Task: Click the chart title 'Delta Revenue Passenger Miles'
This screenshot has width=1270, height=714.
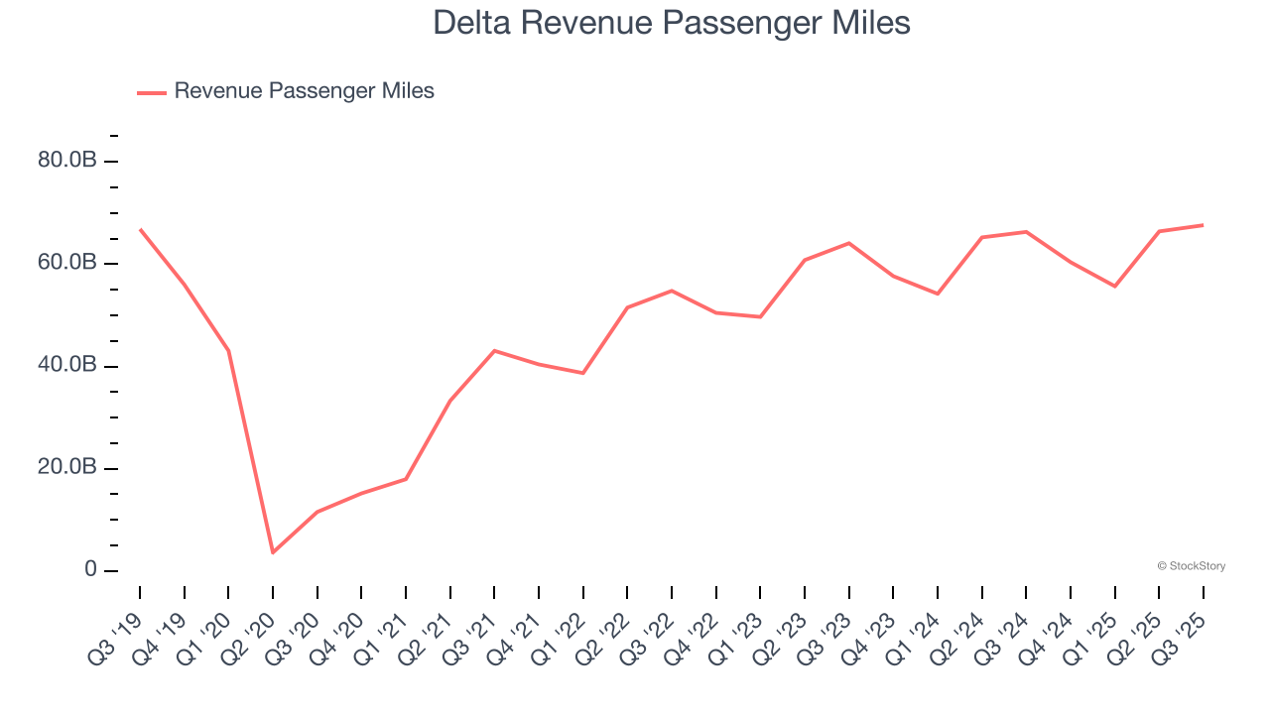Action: click(671, 22)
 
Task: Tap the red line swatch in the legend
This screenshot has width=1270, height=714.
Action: click(152, 92)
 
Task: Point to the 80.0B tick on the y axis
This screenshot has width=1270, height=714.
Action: click(66, 161)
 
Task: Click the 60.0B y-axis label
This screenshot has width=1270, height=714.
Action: click(66, 263)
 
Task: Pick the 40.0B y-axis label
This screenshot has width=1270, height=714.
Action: click(66, 366)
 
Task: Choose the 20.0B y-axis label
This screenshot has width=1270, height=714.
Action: click(66, 468)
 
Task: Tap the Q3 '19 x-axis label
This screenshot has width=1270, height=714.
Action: click(117, 628)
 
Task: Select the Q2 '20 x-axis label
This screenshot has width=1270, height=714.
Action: click(250, 628)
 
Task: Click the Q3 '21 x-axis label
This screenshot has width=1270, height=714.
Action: click(472, 628)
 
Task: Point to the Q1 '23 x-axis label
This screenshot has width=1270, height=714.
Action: click(738, 628)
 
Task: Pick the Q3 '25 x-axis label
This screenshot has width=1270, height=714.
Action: click(1182, 628)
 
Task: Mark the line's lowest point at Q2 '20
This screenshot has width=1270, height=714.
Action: click(273, 552)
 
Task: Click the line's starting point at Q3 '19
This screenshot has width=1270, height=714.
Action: click(140, 229)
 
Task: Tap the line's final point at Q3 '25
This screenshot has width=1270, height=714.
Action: click(1204, 225)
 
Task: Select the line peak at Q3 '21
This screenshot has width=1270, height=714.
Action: click(494, 350)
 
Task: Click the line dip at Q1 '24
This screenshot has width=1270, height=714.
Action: click(938, 294)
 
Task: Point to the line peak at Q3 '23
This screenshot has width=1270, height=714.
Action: click(849, 243)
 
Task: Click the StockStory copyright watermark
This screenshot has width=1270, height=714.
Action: click(1191, 566)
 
